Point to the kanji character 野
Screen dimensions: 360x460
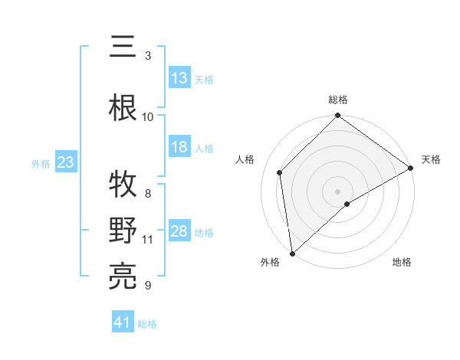(x=123, y=231)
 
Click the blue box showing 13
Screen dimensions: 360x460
(x=179, y=78)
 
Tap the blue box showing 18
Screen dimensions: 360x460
(x=179, y=148)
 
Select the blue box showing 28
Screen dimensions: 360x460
(x=179, y=231)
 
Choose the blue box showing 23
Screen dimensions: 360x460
(x=64, y=162)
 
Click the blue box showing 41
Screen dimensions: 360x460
(x=123, y=323)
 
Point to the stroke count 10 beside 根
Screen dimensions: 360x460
(x=148, y=116)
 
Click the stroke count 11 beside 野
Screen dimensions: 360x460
(x=148, y=240)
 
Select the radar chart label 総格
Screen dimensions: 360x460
(x=338, y=100)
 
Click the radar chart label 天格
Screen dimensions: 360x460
(x=431, y=159)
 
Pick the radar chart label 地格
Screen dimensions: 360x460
(x=402, y=263)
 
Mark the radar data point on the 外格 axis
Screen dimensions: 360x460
(x=292, y=253)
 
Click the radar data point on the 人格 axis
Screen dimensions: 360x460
(x=280, y=172)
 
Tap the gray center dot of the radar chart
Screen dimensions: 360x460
(x=338, y=191)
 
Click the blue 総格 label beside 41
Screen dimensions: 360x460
(x=147, y=324)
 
